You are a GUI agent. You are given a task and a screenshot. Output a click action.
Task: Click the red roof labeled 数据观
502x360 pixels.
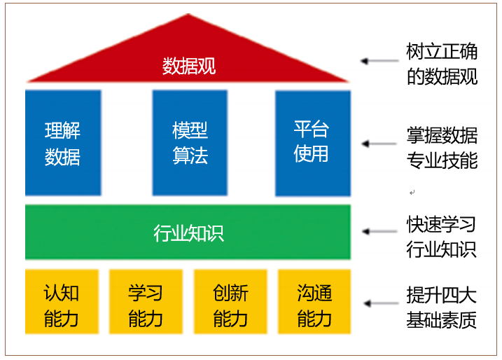[189, 56]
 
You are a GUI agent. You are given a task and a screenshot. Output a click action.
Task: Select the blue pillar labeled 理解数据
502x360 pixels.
[63, 143]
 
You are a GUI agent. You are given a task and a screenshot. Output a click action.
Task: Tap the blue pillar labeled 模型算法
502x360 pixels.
[190, 143]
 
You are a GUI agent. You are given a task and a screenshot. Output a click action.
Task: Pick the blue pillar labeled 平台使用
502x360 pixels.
[312, 143]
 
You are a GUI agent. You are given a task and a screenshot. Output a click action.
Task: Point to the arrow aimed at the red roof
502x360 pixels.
[378, 61]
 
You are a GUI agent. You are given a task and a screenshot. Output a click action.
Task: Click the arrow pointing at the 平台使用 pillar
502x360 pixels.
[378, 144]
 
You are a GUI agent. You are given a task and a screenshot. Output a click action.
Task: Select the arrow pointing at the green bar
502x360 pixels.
[378, 231]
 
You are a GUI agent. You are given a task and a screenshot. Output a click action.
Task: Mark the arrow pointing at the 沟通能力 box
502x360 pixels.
[378, 304]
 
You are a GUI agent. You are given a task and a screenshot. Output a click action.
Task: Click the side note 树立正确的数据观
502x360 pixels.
[442, 64]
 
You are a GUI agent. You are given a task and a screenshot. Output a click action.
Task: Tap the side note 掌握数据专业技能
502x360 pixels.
[442, 147]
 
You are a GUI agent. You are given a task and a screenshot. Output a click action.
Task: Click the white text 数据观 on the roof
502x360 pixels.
[189, 66]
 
